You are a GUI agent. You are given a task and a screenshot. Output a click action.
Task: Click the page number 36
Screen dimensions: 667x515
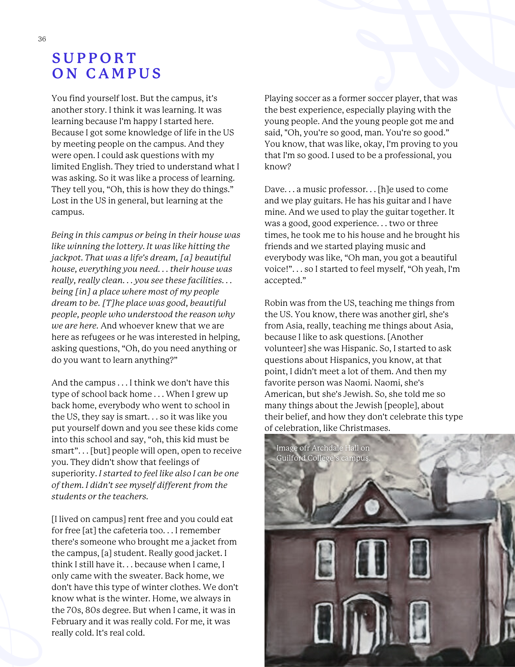pos(42,39)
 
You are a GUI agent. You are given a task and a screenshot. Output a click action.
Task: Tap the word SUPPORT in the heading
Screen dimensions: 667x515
pos(94,58)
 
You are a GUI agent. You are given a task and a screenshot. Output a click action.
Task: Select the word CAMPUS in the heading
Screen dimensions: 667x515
pos(124,73)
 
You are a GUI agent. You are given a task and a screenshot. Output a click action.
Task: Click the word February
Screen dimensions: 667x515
pos(69,621)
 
